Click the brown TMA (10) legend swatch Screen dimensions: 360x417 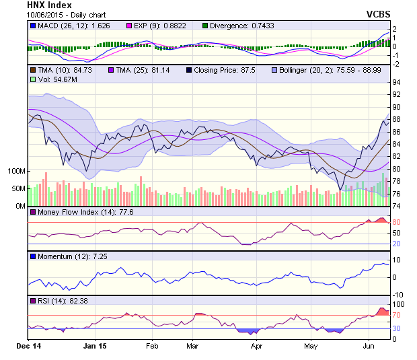32,70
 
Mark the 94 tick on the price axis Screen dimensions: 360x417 397,82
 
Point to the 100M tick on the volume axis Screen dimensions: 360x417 15,171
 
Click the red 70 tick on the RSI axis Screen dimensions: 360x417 397,314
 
